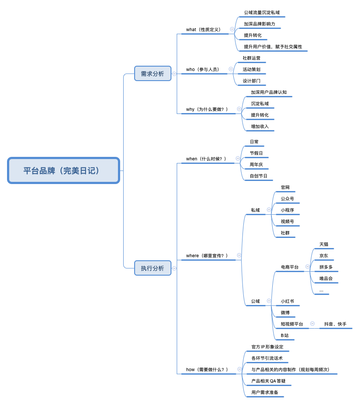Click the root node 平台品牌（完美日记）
pos(64,170)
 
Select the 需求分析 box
pos(153,74)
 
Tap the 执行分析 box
pos(153,268)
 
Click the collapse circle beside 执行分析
pos(175,268)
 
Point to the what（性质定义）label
pos(203,30)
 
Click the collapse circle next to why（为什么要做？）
pos(239,109)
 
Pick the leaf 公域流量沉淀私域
pos(262,13)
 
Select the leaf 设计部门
pos(251,81)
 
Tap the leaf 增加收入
pos(260,126)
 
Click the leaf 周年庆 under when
pos(256,165)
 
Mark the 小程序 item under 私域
pos(288,210)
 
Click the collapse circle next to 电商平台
pos(307,266)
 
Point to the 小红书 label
pos(287,301)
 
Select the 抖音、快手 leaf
pos(335,324)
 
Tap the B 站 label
pos(285,336)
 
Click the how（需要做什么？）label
pos(207,369)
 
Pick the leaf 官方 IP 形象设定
pos(267,347)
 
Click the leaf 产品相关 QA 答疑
pos(268,381)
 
